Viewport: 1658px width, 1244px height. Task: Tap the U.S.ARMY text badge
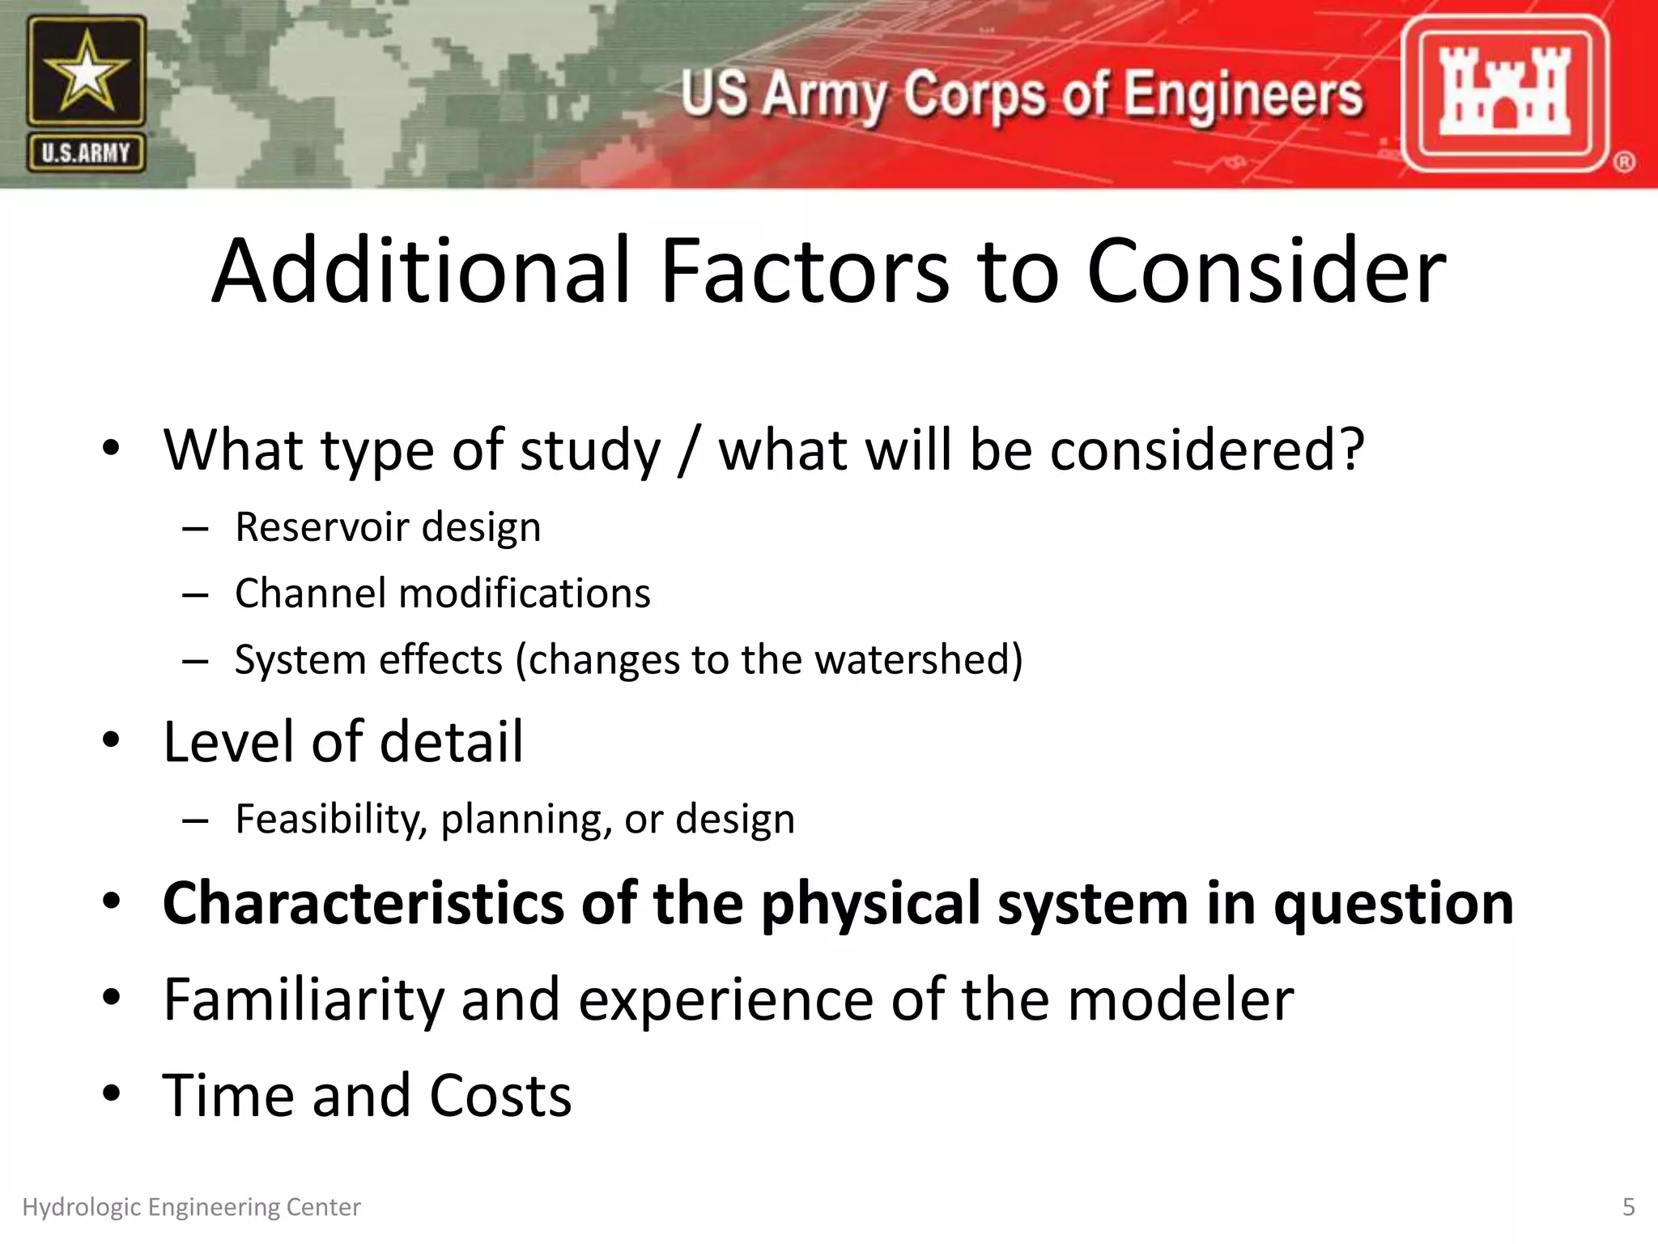[x=86, y=153]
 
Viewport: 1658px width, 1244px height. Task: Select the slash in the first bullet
[x=688, y=450]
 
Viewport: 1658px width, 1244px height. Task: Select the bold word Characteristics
[x=363, y=903]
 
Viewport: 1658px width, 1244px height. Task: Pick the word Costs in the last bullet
[x=500, y=1096]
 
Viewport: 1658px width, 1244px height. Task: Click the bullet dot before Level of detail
[x=112, y=739]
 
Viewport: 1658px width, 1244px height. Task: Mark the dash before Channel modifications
[x=196, y=595]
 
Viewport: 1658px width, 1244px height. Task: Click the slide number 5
[x=1629, y=1208]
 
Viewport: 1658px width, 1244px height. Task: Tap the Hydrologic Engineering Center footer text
[x=191, y=1208]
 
